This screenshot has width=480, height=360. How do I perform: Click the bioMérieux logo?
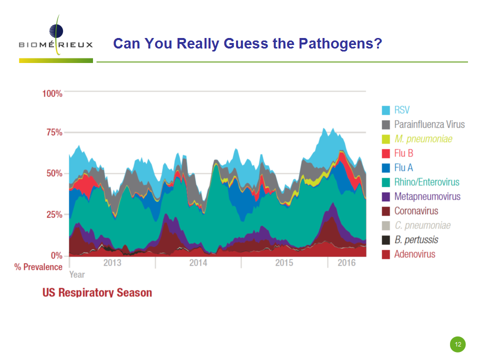click(x=56, y=38)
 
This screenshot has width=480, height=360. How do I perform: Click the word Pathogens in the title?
click(x=340, y=43)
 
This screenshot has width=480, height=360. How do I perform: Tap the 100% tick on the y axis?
click(x=52, y=93)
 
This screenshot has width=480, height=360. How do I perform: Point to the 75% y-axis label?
click(x=54, y=132)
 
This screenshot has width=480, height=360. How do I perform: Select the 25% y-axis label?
click(x=54, y=214)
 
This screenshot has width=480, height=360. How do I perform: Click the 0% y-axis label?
click(x=56, y=255)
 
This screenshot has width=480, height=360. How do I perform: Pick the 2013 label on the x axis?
click(x=112, y=262)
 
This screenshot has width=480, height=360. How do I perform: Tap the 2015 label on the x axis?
click(x=284, y=262)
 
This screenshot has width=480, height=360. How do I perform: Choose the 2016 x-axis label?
click(x=346, y=262)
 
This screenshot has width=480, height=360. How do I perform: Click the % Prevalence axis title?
click(x=38, y=267)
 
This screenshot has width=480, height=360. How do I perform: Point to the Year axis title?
click(x=77, y=274)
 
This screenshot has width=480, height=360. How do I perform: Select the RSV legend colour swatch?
click(x=385, y=110)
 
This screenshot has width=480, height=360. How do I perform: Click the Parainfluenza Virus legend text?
click(x=429, y=124)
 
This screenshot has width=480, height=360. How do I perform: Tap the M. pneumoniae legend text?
click(x=423, y=139)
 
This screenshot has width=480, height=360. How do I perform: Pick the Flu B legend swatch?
click(x=385, y=153)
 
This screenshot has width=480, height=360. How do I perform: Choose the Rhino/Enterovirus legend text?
click(x=426, y=182)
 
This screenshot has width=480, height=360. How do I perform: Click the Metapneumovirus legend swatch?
click(x=385, y=197)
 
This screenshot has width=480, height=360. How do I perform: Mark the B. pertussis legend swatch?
click(x=385, y=240)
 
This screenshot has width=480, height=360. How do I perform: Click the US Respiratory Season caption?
click(x=97, y=292)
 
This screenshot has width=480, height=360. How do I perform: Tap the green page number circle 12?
click(x=457, y=344)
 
